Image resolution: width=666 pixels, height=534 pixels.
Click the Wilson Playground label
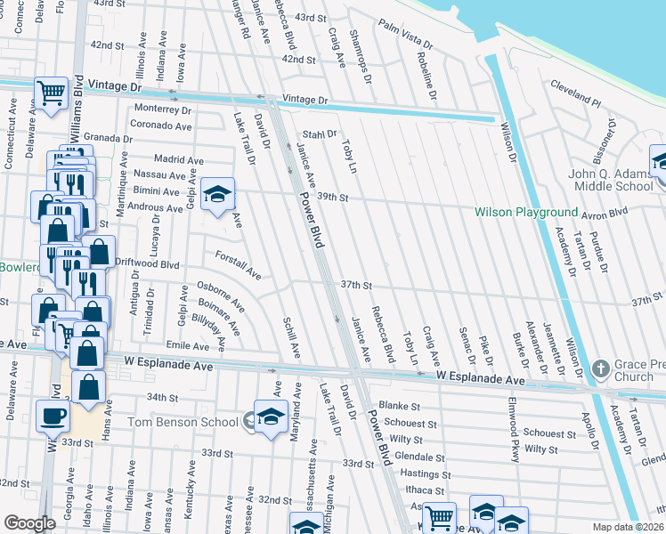[525, 212]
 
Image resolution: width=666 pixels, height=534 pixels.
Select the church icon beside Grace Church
[602, 368]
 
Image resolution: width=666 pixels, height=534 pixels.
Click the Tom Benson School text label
[183, 421]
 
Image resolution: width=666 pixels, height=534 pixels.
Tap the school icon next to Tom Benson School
[270, 418]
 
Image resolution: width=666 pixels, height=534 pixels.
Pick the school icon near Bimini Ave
[216, 197]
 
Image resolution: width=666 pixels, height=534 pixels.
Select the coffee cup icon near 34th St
[53, 415]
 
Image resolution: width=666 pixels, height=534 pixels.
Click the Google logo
[29, 523]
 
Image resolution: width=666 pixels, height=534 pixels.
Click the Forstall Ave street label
[238, 263]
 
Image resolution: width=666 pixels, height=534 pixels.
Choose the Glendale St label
[413, 455]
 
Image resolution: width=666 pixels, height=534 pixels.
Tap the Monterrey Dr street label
[162, 110]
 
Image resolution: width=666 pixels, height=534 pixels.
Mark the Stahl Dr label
[320, 134]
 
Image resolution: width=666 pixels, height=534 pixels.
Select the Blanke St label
[399, 405]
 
